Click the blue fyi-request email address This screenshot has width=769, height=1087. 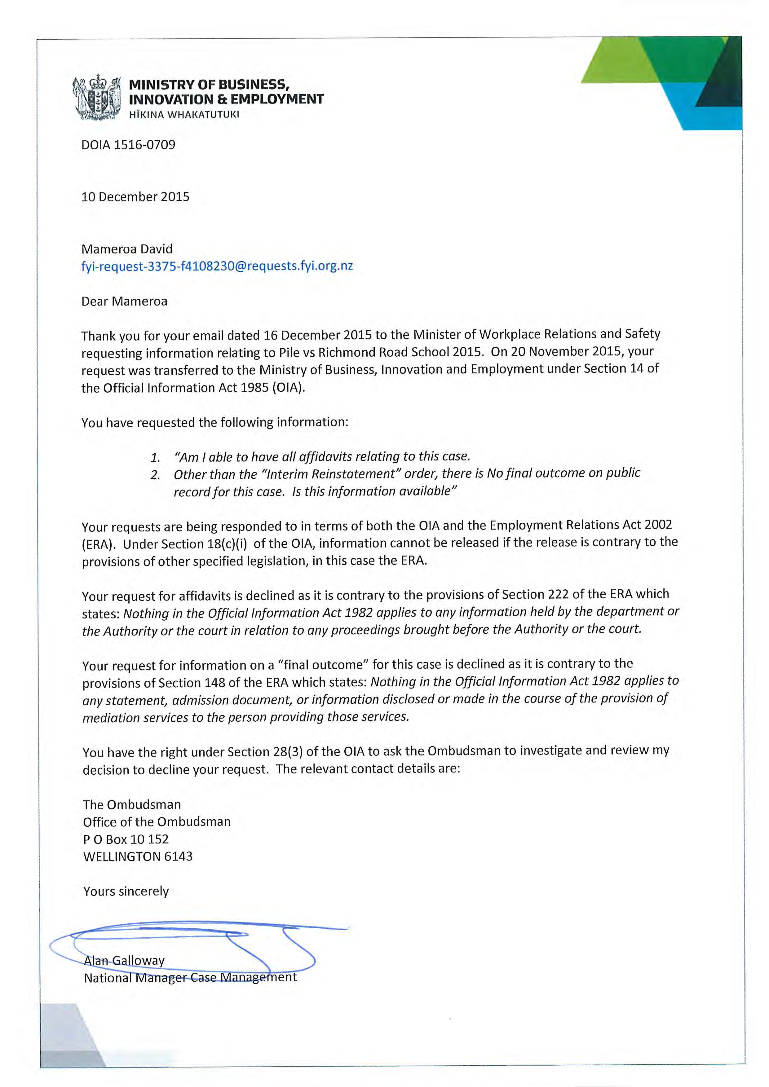pyautogui.click(x=217, y=266)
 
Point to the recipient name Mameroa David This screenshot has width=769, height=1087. pyautogui.click(x=126, y=249)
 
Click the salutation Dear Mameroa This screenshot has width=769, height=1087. pyautogui.click(x=124, y=301)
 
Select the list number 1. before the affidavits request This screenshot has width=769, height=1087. pyautogui.click(x=155, y=457)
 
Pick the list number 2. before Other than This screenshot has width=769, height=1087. pyautogui.click(x=155, y=475)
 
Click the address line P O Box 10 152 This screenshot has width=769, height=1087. pyautogui.click(x=126, y=839)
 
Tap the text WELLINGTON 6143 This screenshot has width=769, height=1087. pyautogui.click(x=138, y=856)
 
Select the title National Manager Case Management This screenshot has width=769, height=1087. pyautogui.click(x=190, y=978)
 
